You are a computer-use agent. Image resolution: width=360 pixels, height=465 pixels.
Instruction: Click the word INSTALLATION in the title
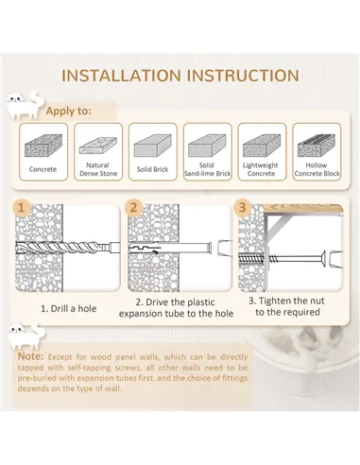coord(121,76)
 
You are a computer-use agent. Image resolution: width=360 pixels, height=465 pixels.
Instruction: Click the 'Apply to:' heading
coord(68,111)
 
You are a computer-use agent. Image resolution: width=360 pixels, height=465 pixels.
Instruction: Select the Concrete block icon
coord(43,146)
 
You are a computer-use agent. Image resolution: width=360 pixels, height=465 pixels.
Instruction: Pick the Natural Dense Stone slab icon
coord(98,146)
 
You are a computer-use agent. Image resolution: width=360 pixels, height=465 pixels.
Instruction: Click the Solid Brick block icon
coord(152,146)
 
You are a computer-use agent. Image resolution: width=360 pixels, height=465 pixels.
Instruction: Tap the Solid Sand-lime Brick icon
coord(207,146)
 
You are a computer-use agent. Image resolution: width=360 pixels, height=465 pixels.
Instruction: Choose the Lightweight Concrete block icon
coord(262,146)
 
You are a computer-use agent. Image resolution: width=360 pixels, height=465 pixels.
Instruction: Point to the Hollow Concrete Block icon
coord(317,146)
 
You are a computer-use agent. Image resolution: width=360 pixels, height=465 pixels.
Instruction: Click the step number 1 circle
coord(22,208)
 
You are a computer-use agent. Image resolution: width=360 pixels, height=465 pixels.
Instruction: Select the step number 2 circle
coord(134,208)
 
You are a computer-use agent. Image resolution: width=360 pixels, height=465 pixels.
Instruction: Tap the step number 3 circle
coord(242,208)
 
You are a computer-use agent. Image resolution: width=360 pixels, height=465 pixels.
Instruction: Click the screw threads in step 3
coord(251,258)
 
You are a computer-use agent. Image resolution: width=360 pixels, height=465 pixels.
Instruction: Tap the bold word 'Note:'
coord(31,356)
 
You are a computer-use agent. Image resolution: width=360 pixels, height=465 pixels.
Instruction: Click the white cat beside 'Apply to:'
coord(25,105)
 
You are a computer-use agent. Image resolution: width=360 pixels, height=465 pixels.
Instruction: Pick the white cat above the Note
coord(26,336)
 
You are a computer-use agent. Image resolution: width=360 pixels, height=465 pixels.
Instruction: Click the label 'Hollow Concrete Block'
coord(317,169)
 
